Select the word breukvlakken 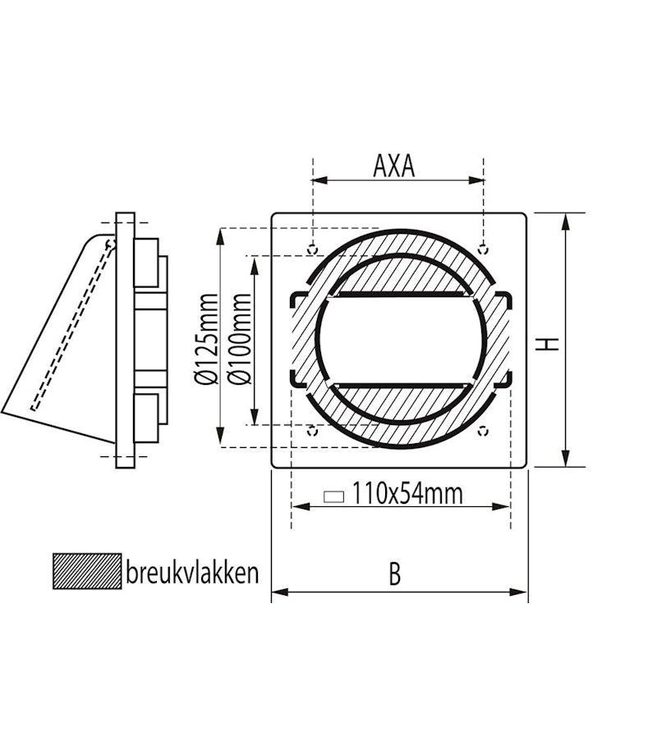191,571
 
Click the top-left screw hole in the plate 311,248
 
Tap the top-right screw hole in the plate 484,248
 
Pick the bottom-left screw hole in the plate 311,429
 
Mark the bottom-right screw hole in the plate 484,429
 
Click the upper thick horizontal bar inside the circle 399,294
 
